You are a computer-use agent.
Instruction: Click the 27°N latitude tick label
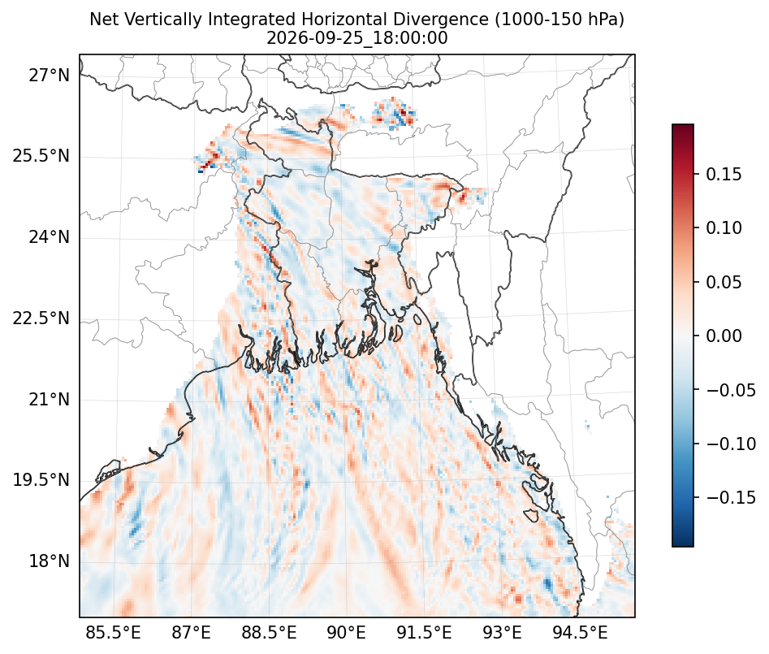49,76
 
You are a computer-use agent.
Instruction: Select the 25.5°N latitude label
41,157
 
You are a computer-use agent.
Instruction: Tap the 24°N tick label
49,237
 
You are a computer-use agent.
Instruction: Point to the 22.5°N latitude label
41,318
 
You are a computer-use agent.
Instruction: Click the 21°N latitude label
49,400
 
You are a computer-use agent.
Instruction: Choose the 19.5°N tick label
41,480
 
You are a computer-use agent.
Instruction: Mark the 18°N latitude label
49,561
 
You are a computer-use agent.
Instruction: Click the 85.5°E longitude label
114,633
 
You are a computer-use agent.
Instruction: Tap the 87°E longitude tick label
191,633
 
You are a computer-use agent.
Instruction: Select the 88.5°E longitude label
269,633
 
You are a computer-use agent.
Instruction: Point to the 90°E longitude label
346,633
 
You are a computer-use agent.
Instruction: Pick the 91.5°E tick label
424,633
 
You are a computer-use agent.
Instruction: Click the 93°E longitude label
502,633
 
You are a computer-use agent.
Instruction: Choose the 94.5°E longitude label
580,633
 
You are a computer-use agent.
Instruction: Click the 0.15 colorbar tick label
724,174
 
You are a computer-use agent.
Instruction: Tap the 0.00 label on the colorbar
724,336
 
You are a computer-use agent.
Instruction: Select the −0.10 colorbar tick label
731,444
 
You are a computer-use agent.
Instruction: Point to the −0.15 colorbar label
731,497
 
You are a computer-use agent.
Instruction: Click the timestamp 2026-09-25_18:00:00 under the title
357,38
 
